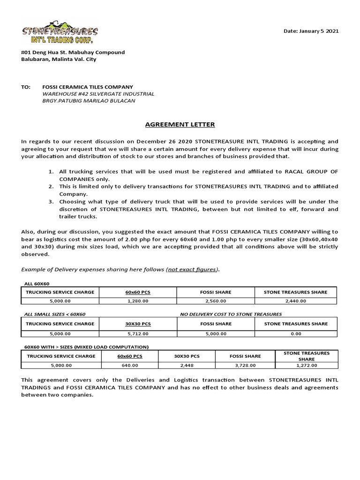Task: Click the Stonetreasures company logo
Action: click(x=60, y=32)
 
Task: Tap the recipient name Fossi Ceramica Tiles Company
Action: click(x=88, y=87)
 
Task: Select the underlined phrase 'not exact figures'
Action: click(x=192, y=269)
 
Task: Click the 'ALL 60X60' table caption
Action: click(x=37, y=284)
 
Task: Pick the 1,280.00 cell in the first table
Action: click(x=137, y=301)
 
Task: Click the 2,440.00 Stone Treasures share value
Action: click(x=296, y=301)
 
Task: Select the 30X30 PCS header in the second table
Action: click(x=137, y=324)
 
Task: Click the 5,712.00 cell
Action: click(x=137, y=334)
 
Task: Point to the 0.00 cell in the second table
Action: click(x=296, y=334)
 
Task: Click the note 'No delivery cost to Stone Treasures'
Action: click(x=231, y=314)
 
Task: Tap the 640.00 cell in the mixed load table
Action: click(x=130, y=365)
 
